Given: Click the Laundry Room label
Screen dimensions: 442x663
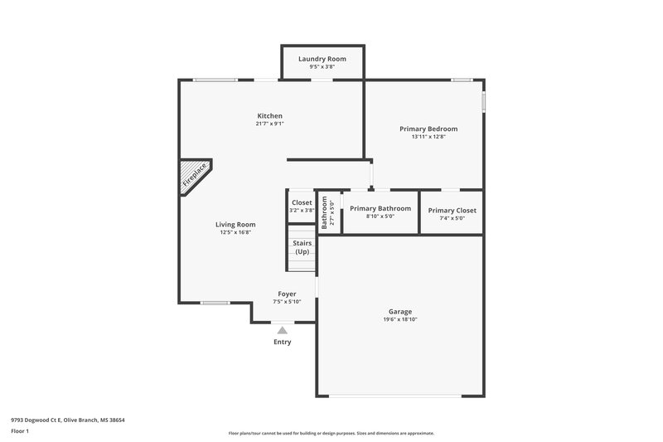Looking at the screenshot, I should click(x=322, y=59).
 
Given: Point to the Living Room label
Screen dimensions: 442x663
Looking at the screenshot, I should click(x=235, y=224).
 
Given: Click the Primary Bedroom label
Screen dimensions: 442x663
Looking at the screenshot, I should click(x=428, y=129).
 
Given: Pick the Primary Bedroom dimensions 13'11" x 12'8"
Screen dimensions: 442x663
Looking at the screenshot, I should click(x=428, y=137).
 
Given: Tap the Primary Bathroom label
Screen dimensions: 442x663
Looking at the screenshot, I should click(x=380, y=209).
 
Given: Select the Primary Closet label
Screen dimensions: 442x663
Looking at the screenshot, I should click(x=452, y=210).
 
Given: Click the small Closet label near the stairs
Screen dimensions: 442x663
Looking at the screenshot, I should click(x=302, y=202).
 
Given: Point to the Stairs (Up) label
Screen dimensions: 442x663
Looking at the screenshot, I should click(x=302, y=247).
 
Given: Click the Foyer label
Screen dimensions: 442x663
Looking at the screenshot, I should click(x=287, y=294).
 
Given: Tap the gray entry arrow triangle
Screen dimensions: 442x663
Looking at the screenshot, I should click(x=282, y=330).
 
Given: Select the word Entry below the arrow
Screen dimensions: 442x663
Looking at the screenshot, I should click(x=283, y=342).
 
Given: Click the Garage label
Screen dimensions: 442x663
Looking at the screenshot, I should click(x=399, y=312).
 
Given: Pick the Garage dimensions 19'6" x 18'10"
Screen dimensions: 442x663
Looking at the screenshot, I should click(x=399, y=319).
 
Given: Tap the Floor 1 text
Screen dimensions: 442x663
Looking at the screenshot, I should click(x=20, y=431).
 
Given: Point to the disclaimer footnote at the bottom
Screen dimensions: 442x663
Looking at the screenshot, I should click(x=331, y=433).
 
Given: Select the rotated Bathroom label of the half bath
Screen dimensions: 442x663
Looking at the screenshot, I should click(x=325, y=211).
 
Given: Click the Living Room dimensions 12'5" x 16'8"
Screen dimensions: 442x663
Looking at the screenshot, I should click(x=235, y=232).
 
